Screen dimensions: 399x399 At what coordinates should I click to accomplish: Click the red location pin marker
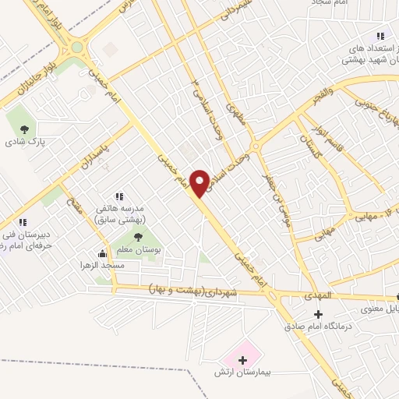201,182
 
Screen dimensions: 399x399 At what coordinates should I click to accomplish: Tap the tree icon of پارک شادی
21,129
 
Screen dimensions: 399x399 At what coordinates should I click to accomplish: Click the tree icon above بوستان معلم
138,237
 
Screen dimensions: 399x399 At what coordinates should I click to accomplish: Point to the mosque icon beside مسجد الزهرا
101,253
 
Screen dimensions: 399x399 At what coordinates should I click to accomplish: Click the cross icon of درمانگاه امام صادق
318,313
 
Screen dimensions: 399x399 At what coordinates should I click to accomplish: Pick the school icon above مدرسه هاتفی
119,196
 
